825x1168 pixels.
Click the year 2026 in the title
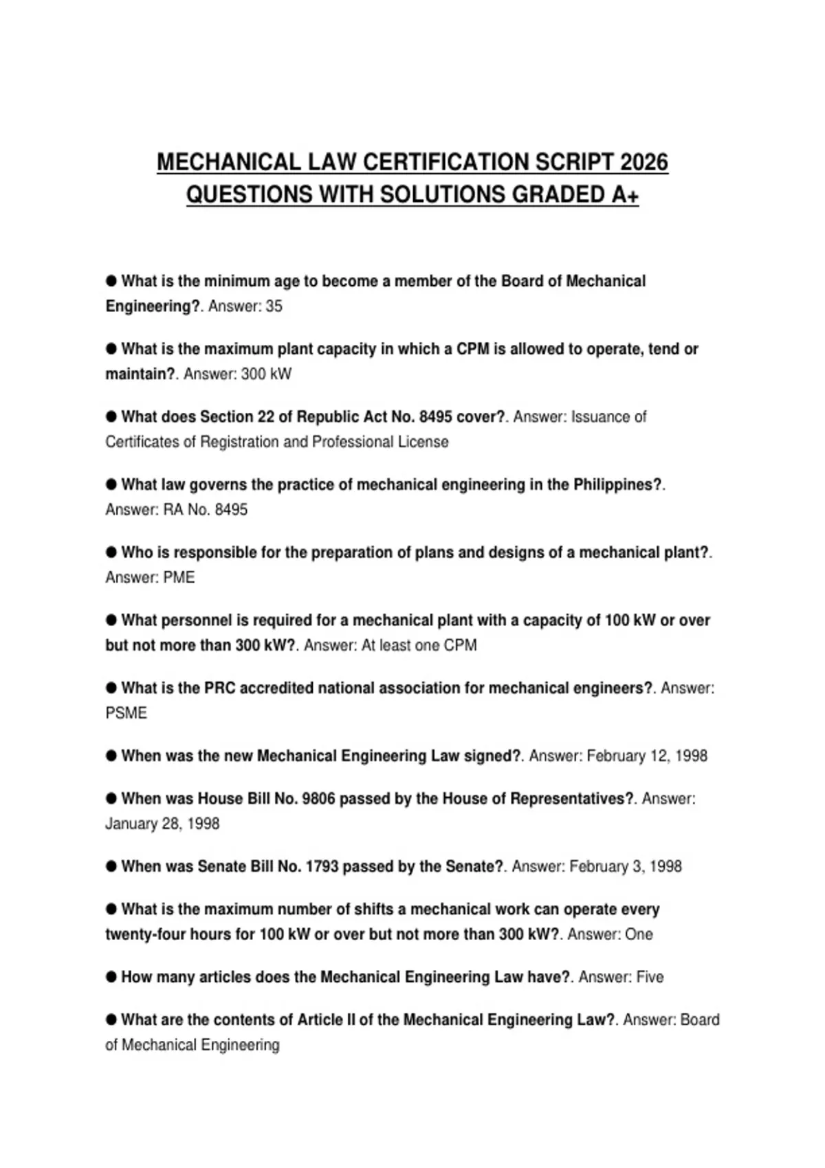[x=643, y=162]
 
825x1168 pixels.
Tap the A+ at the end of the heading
[x=625, y=195]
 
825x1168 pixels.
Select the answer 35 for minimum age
[x=274, y=306]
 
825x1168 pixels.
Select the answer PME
[x=179, y=578]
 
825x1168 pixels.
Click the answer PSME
[x=126, y=713]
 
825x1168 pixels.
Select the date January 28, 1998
[x=162, y=824]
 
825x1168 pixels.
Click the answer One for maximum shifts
[x=639, y=934]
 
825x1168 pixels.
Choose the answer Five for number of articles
[x=650, y=977]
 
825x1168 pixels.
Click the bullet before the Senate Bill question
[x=111, y=866]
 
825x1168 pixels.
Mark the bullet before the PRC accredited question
[x=111, y=688]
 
